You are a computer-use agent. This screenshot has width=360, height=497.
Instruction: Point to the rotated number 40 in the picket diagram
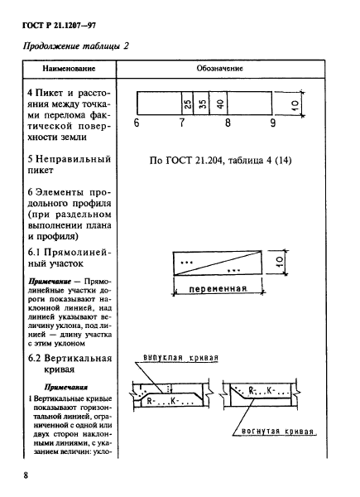(220, 104)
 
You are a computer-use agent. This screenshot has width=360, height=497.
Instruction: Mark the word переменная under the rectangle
(219, 290)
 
